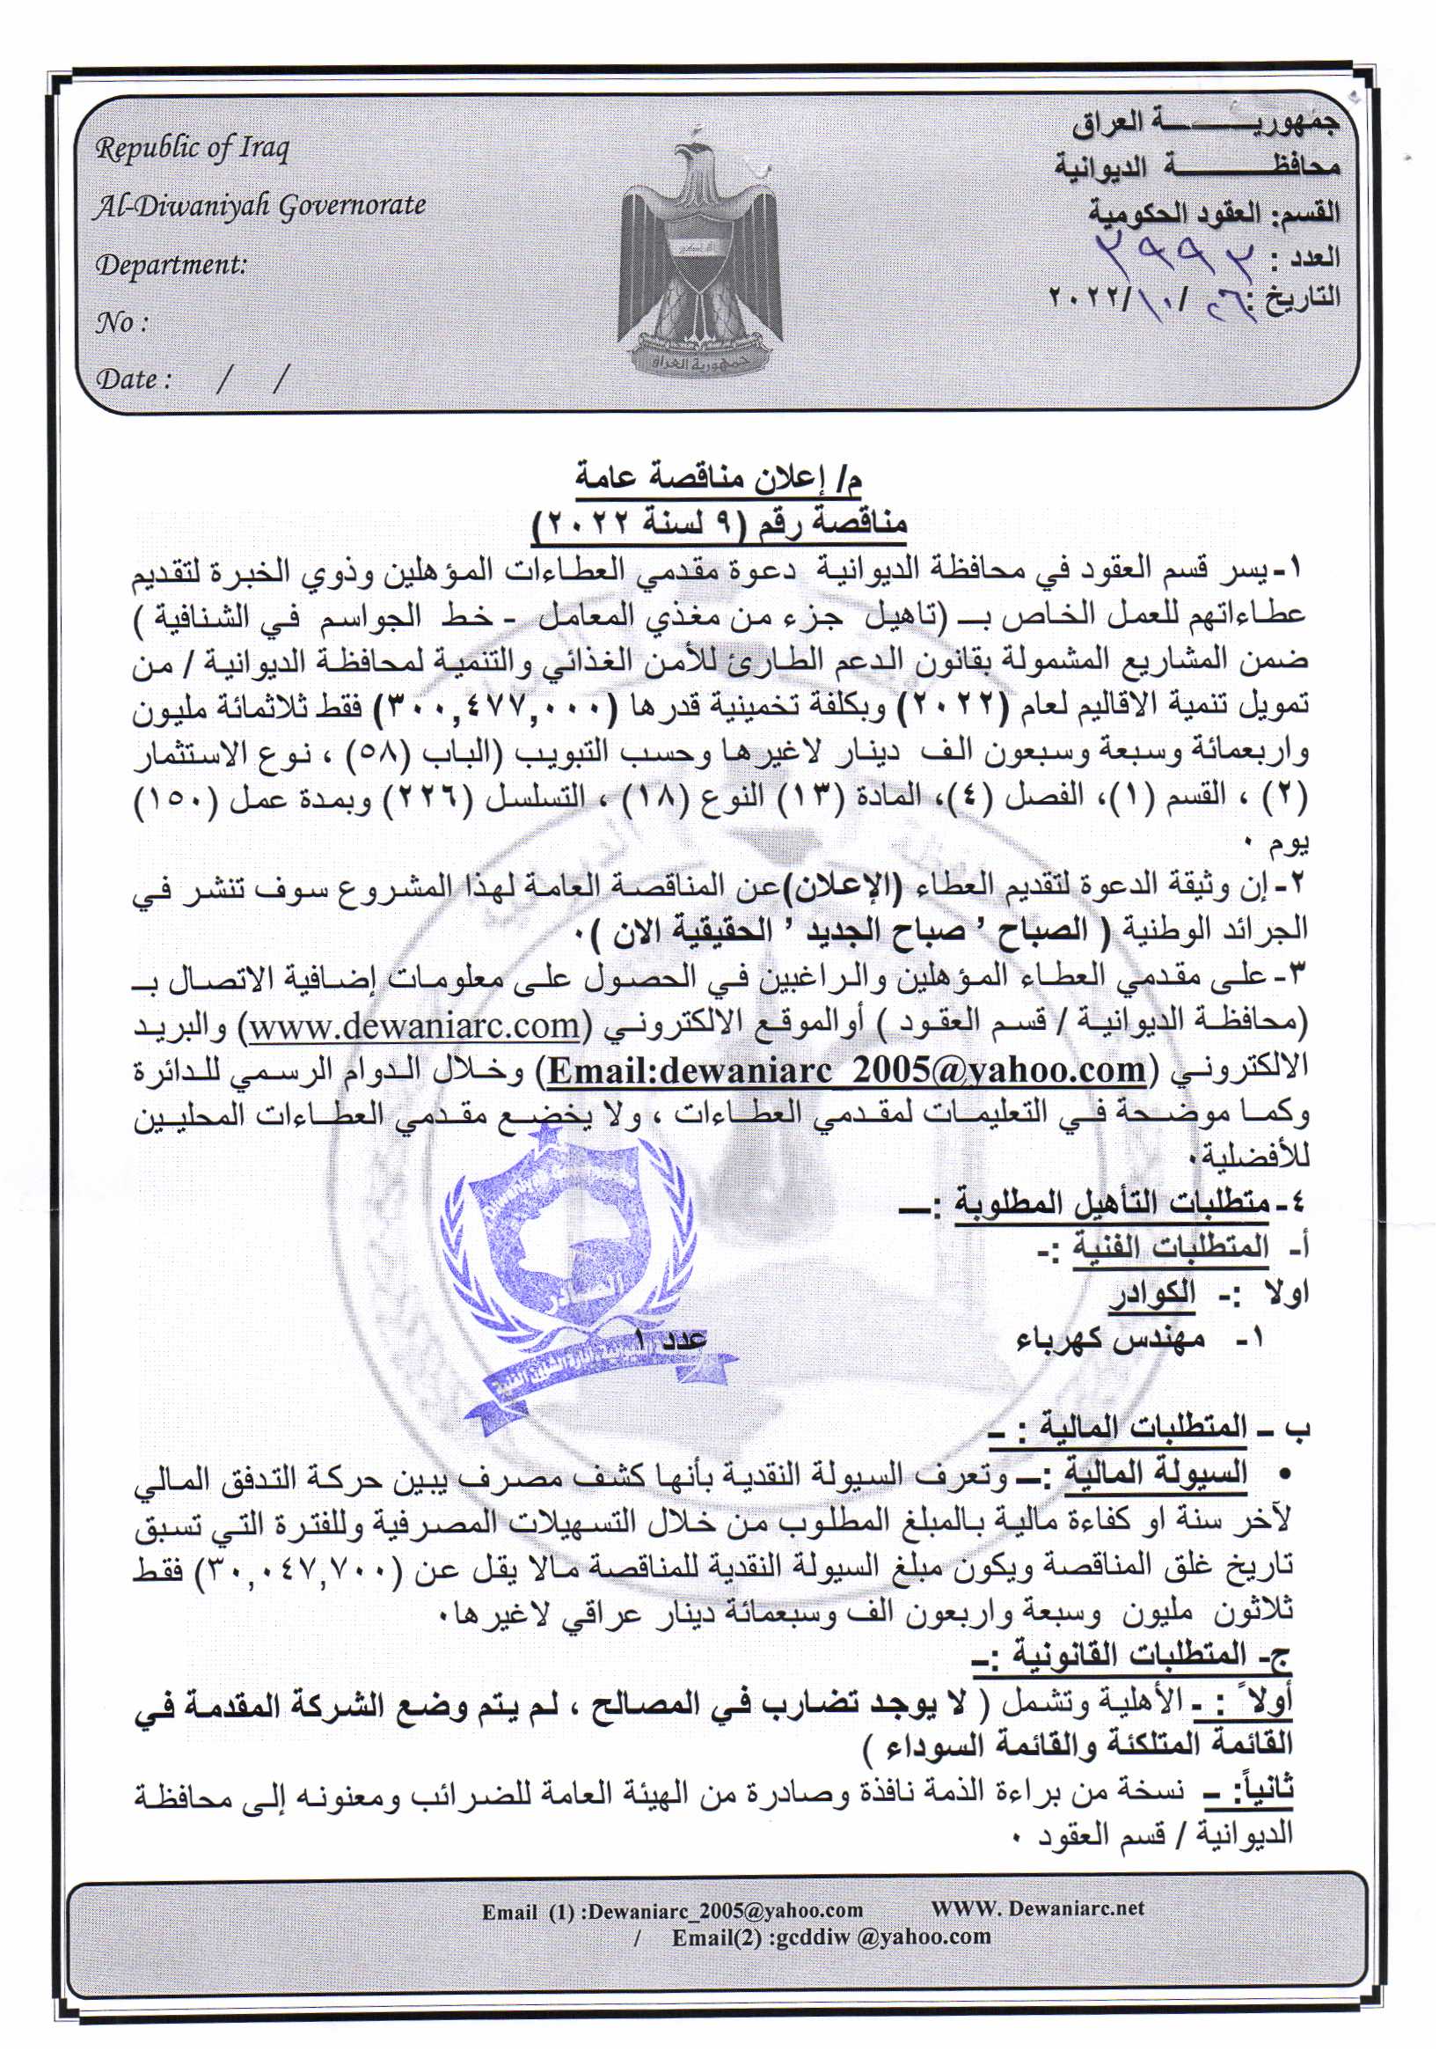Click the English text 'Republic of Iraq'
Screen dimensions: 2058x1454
tap(193, 149)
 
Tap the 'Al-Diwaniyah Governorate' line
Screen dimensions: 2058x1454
tap(260, 206)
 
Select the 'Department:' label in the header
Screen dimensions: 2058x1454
tap(171, 265)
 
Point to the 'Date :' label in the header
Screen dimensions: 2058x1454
tap(134, 379)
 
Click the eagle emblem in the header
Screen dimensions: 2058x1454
tap(699, 251)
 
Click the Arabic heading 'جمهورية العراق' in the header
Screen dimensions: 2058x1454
tap(1206, 125)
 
